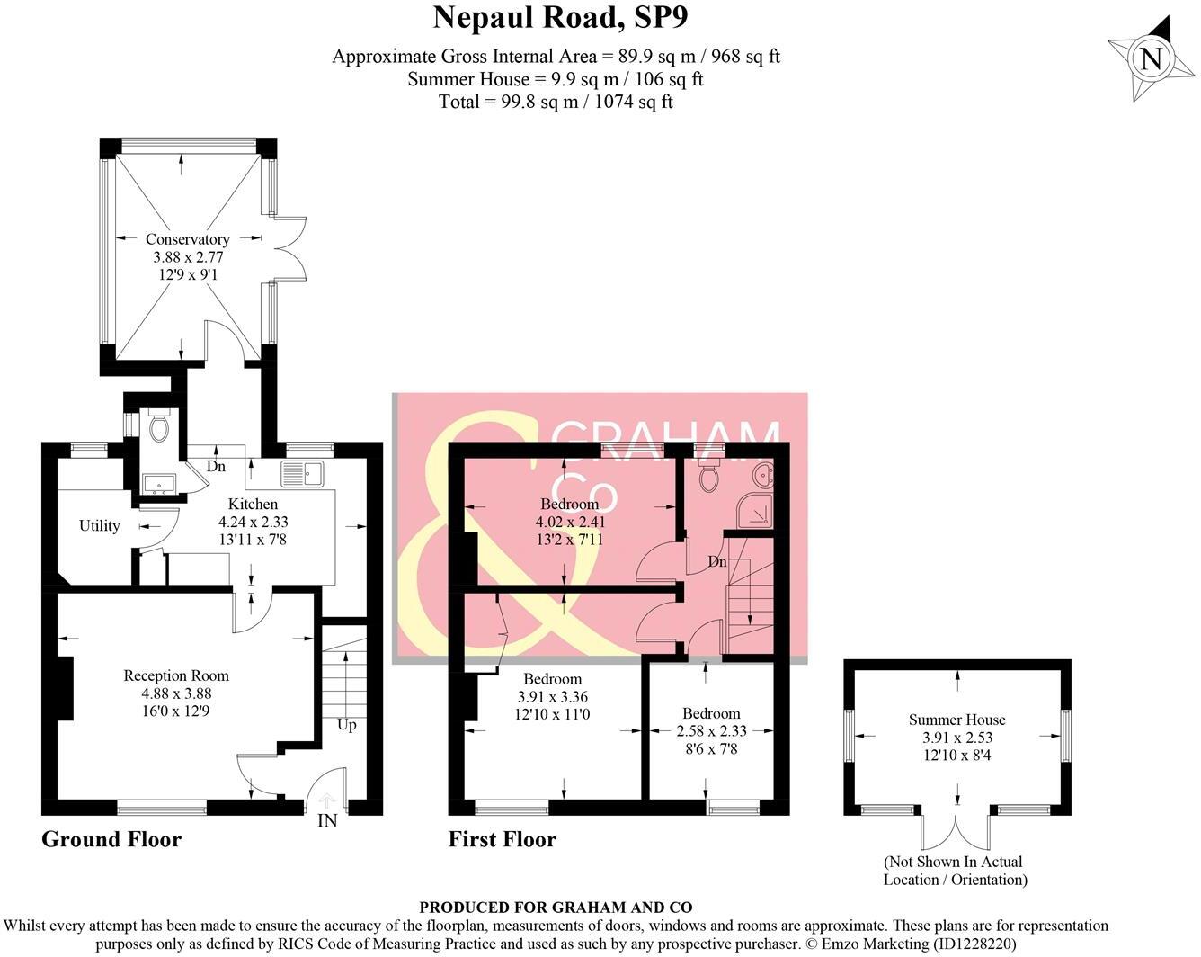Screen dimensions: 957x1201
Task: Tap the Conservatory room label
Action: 187,239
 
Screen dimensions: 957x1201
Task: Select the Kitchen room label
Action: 253,504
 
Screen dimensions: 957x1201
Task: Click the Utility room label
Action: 99,526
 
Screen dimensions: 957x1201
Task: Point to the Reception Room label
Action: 176,675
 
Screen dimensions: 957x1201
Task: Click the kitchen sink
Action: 302,472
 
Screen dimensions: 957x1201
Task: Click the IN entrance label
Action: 327,820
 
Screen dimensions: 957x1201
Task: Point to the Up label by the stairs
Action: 346,724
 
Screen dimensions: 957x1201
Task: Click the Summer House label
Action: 956,720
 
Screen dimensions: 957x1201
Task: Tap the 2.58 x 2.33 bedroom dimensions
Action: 710,731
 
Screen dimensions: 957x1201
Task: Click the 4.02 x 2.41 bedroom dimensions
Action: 570,522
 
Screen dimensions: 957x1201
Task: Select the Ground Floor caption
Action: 111,839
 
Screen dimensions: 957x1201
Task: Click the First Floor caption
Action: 503,839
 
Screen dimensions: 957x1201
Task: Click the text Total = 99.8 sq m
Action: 556,102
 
